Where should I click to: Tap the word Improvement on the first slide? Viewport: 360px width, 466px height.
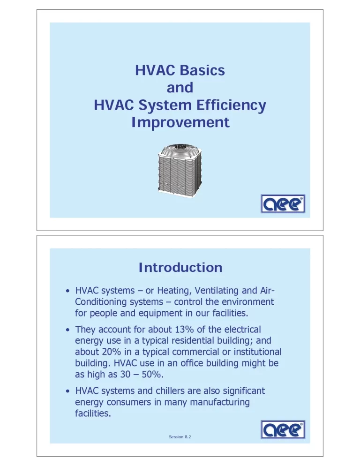[180, 122]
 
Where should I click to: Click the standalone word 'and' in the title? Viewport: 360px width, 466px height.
[180, 88]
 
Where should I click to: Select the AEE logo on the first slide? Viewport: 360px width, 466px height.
[283, 203]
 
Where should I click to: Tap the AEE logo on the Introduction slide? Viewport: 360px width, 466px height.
[283, 429]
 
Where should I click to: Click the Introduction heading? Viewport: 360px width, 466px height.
[180, 268]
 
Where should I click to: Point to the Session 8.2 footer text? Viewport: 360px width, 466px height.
[180, 437]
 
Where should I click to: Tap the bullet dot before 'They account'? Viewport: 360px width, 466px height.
[68, 330]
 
